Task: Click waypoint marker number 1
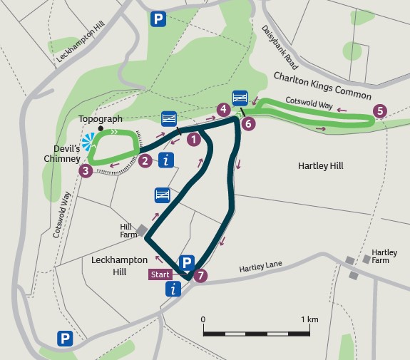point(193,140)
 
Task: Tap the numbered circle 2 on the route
point(145,161)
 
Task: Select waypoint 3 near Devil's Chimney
point(86,171)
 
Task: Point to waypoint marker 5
point(379,110)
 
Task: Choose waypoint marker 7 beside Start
point(202,274)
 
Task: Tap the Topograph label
point(101,119)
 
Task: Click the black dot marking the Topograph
point(101,130)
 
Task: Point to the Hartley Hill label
point(319,166)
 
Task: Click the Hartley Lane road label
point(260,265)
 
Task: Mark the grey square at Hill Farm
point(142,230)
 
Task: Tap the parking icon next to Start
point(186,262)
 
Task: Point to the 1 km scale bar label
point(309,319)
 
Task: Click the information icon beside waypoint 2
point(167,160)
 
